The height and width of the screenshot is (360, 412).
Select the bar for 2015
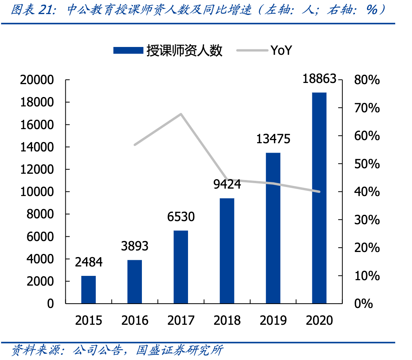[88, 289]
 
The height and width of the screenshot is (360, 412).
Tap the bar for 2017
[181, 266]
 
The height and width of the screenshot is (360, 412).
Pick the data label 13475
[273, 139]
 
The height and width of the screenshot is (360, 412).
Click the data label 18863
[319, 79]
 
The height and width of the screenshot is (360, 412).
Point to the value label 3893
[134, 246]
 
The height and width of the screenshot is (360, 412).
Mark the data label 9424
[227, 184]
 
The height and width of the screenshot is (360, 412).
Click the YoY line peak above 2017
[181, 114]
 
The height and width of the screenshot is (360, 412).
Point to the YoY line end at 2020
[319, 192]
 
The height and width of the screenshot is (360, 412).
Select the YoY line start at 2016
[135, 145]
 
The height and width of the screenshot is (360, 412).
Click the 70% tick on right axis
[366, 108]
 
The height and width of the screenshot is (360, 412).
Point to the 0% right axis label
[364, 304]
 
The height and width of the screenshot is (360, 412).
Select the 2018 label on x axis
[227, 320]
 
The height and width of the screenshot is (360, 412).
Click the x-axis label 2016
[134, 320]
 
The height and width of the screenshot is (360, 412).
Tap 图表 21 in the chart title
[33, 10]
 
